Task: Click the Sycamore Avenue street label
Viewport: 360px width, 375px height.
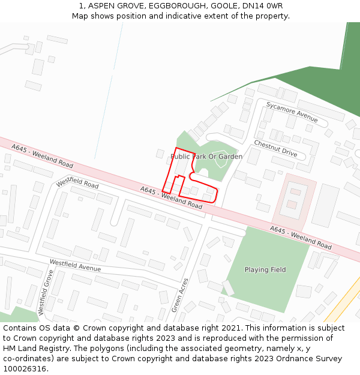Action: pyautogui.click(x=292, y=112)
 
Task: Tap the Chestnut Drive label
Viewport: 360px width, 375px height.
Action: pyautogui.click(x=275, y=148)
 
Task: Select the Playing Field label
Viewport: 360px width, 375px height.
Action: pyautogui.click(x=265, y=269)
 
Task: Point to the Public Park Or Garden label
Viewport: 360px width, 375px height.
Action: pyautogui.click(x=206, y=157)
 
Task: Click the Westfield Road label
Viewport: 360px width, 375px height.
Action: pyautogui.click(x=77, y=182)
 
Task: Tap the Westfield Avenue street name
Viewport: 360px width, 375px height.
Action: pyautogui.click(x=75, y=265)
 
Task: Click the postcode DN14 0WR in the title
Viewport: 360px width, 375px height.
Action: pyautogui.click(x=266, y=6)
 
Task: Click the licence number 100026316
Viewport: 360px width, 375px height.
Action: pyautogui.click(x=25, y=368)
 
